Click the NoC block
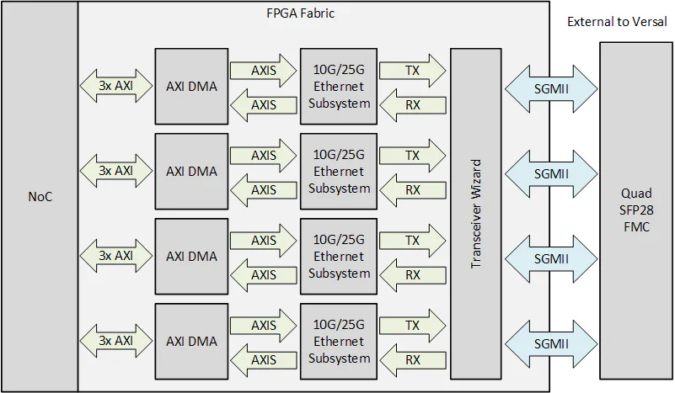[39, 196]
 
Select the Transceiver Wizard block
[476, 213]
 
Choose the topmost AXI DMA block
[191, 86]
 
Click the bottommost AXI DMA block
[191, 341]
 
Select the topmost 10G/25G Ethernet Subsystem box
[339, 86]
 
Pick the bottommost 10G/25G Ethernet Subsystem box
[339, 341]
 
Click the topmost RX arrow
[412, 104]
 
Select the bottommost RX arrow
[412, 359]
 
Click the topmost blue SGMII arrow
[549, 88]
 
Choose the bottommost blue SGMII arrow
[549, 343]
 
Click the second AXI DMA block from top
[191, 171]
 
